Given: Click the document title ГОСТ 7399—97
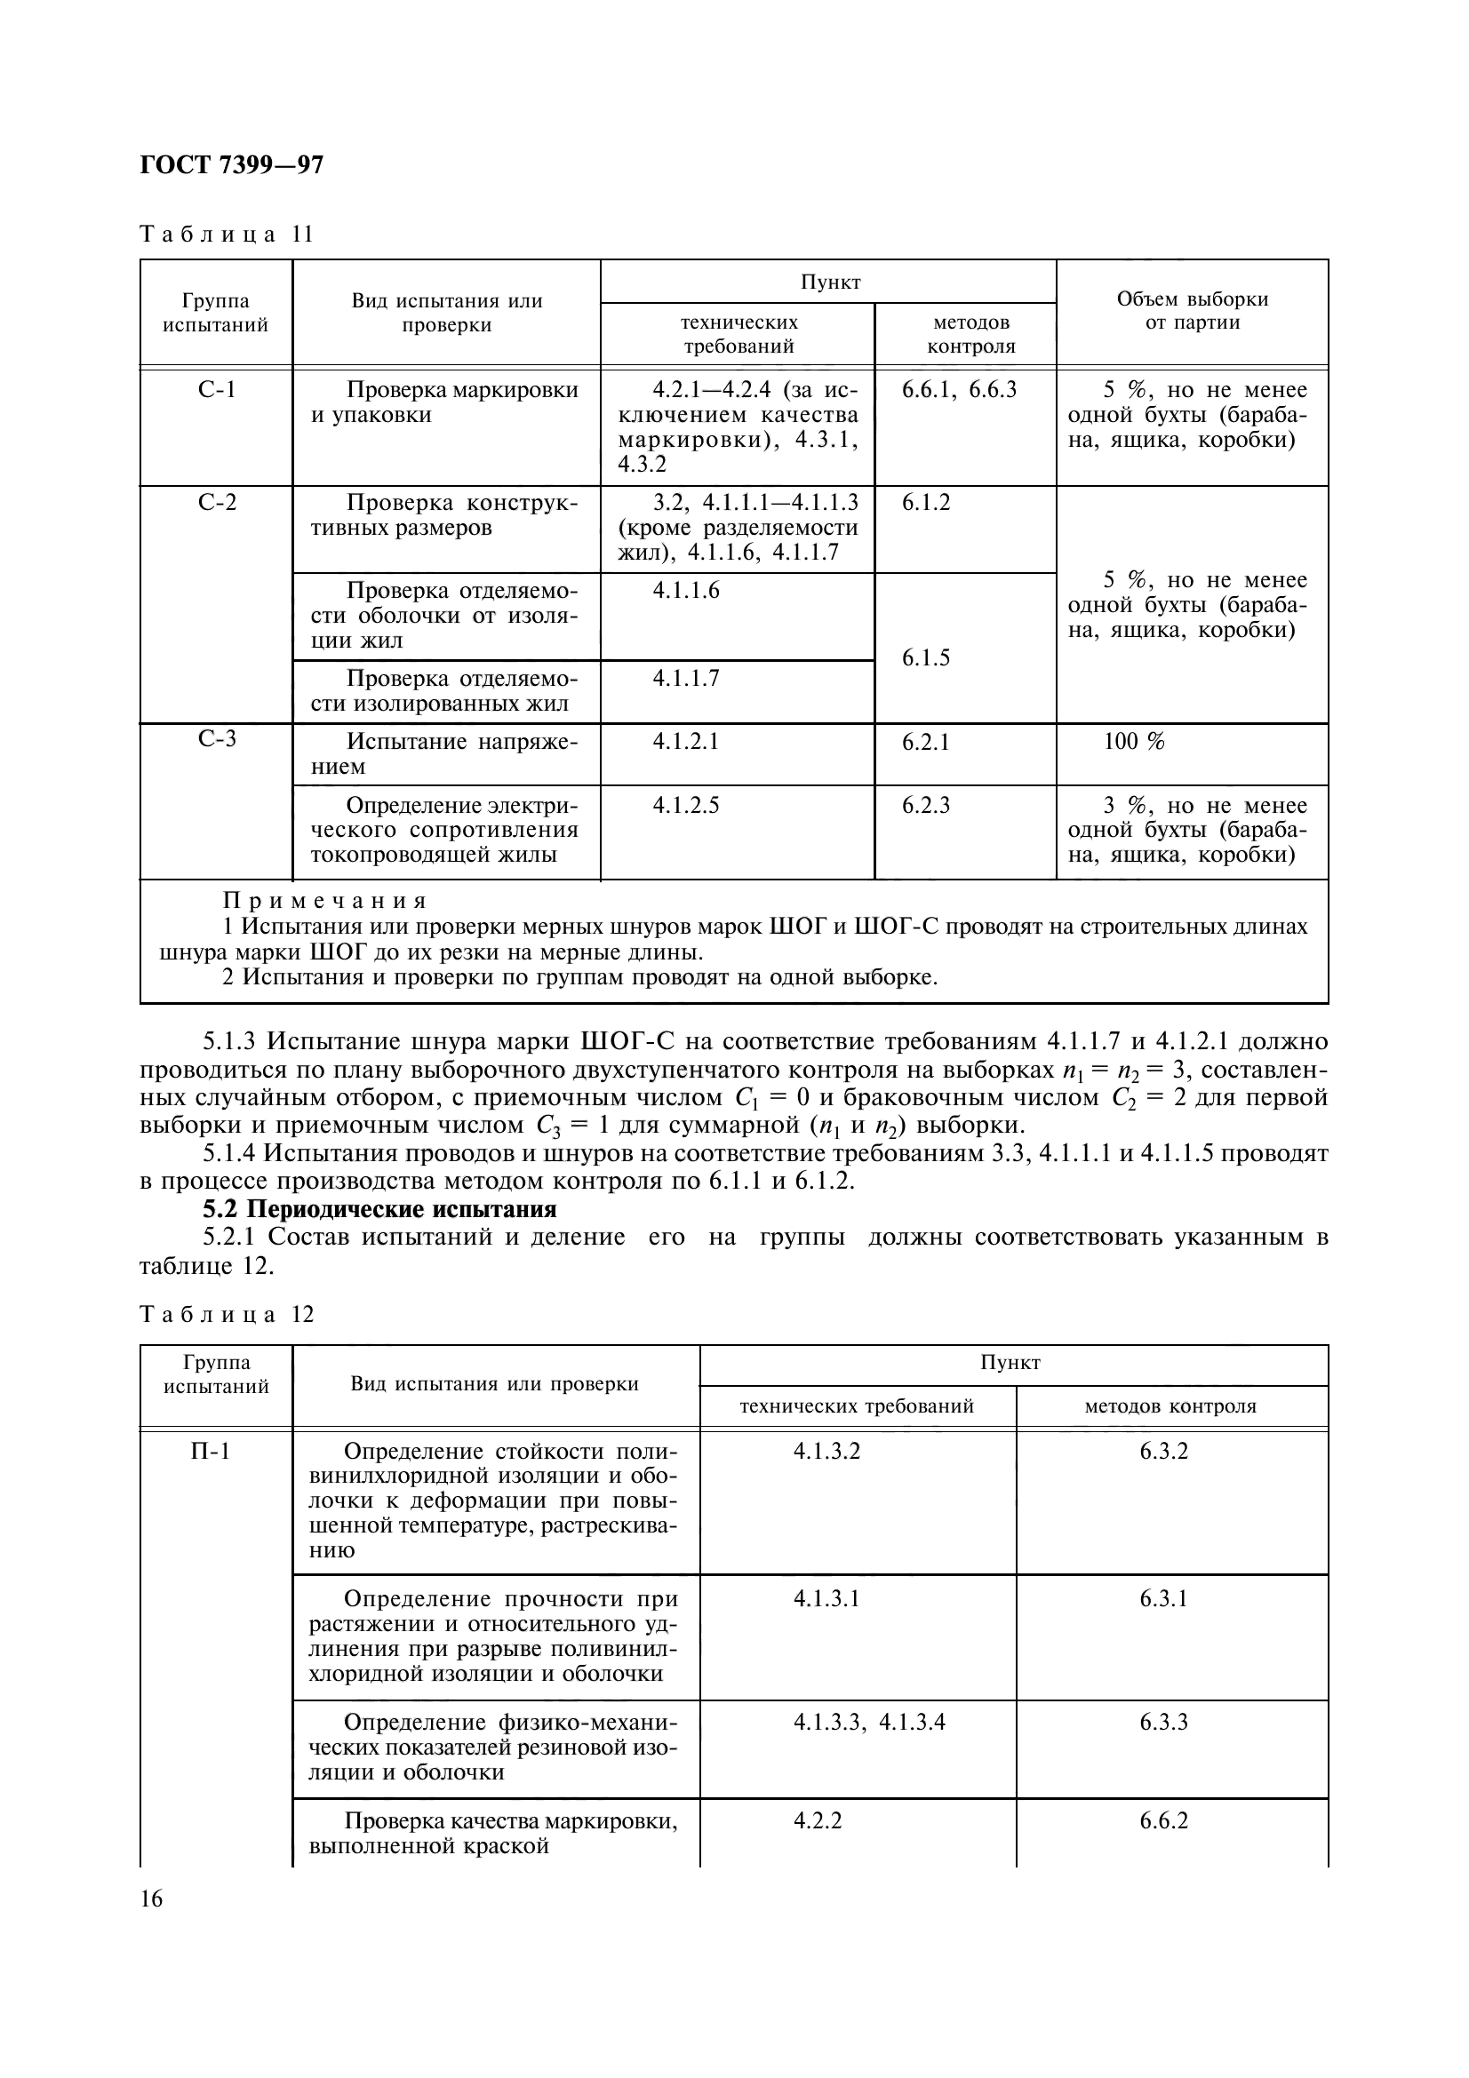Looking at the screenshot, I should [x=232, y=165].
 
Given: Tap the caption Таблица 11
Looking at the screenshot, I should [x=227, y=235].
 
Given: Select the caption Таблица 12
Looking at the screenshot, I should [x=227, y=1314].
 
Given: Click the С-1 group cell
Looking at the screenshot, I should [x=216, y=390].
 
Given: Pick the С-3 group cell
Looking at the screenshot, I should [x=216, y=738].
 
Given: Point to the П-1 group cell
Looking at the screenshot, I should [x=210, y=1451].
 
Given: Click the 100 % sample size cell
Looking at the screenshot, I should [x=1133, y=742].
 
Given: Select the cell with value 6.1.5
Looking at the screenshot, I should [x=926, y=658].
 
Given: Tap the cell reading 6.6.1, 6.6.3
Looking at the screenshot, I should [x=959, y=390].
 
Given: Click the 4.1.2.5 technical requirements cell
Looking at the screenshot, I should [x=685, y=805].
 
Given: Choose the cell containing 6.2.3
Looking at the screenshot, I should [x=926, y=805].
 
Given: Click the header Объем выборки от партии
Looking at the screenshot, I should [x=1191, y=311].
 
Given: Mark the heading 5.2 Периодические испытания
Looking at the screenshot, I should [x=379, y=1209].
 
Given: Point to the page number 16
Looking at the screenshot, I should [x=151, y=1899].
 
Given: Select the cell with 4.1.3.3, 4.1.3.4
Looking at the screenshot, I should [x=869, y=1722].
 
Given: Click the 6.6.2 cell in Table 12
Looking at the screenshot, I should [x=1163, y=1820].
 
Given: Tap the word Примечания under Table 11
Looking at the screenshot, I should [x=325, y=902].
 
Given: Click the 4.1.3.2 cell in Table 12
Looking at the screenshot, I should [x=826, y=1451].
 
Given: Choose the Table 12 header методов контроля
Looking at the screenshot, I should [x=1170, y=1406].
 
